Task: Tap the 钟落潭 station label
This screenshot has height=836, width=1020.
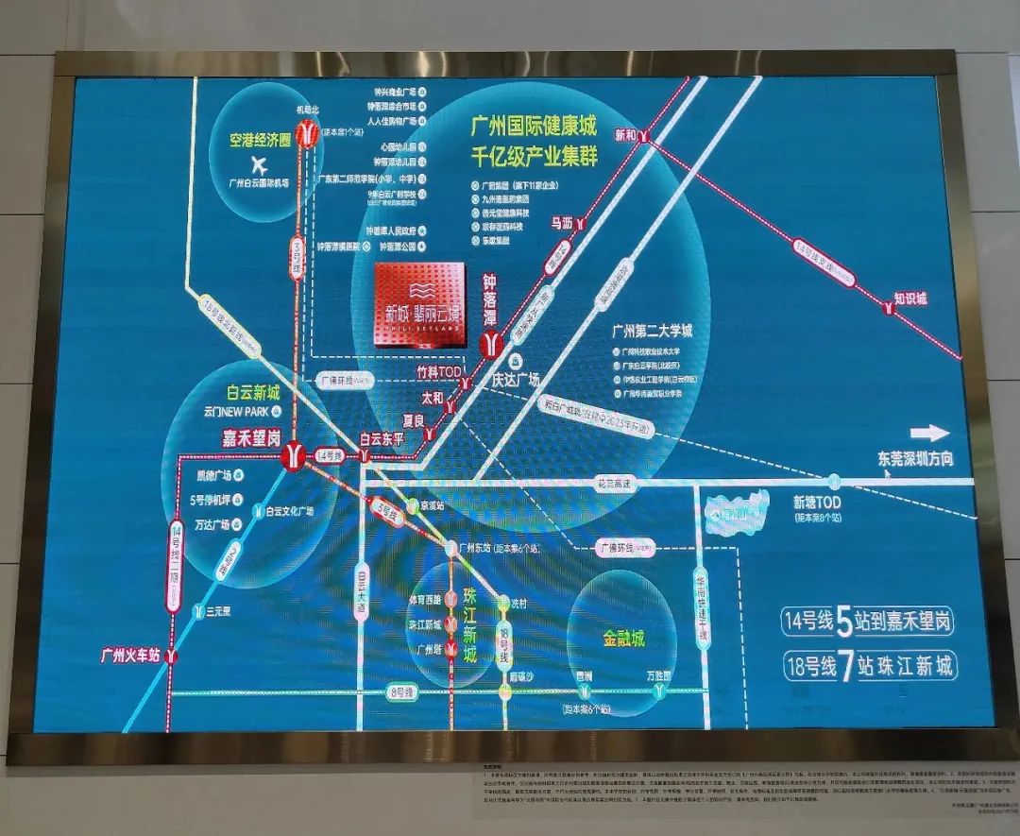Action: [489, 301]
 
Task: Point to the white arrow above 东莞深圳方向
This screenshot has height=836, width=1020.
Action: [930, 434]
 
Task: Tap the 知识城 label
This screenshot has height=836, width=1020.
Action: [910, 299]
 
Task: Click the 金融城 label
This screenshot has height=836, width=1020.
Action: [624, 640]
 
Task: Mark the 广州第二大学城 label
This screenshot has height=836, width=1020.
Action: [652, 332]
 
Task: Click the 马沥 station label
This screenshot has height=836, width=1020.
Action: [562, 224]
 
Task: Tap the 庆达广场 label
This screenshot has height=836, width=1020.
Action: [514, 379]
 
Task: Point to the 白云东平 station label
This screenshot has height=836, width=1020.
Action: [382, 439]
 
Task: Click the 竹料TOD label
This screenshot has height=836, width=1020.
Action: [439, 374]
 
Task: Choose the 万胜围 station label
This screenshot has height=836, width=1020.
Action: [657, 676]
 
